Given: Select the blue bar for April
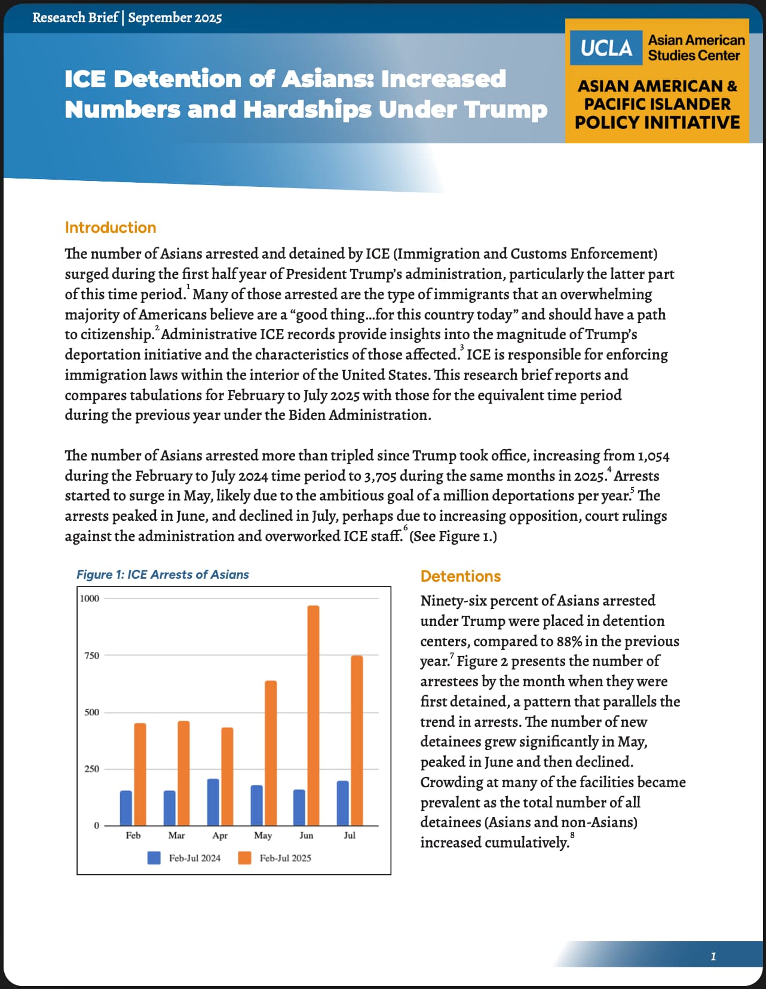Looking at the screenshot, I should pos(213,802).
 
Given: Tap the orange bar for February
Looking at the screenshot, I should pos(140,774).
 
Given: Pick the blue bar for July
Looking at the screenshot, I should pos(343,803).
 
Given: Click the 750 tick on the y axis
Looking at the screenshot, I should pos(91,656).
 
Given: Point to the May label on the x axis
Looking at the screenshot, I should pos(263,836).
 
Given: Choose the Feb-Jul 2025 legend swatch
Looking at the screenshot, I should pos(244,858).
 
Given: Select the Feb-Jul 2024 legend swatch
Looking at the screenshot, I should pos(154,858).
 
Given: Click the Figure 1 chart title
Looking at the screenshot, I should pos(163,575).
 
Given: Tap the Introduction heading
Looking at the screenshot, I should pos(111,228).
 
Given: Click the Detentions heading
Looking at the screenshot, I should pos(461,576).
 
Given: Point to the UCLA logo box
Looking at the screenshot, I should pos(606,48).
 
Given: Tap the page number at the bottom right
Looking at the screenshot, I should pos(713,957).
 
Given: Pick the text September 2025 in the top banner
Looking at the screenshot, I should pos(174,18).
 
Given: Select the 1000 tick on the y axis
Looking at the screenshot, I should pos(90,598).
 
